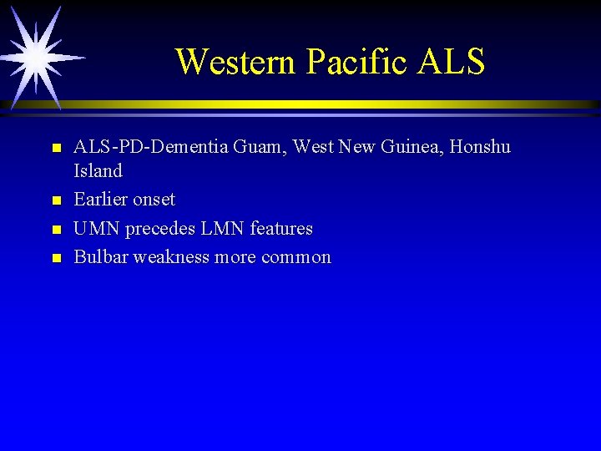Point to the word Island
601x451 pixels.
pyautogui.click(x=98, y=171)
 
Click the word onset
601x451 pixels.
pyautogui.click(x=152, y=200)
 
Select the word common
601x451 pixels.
pyautogui.click(x=296, y=257)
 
